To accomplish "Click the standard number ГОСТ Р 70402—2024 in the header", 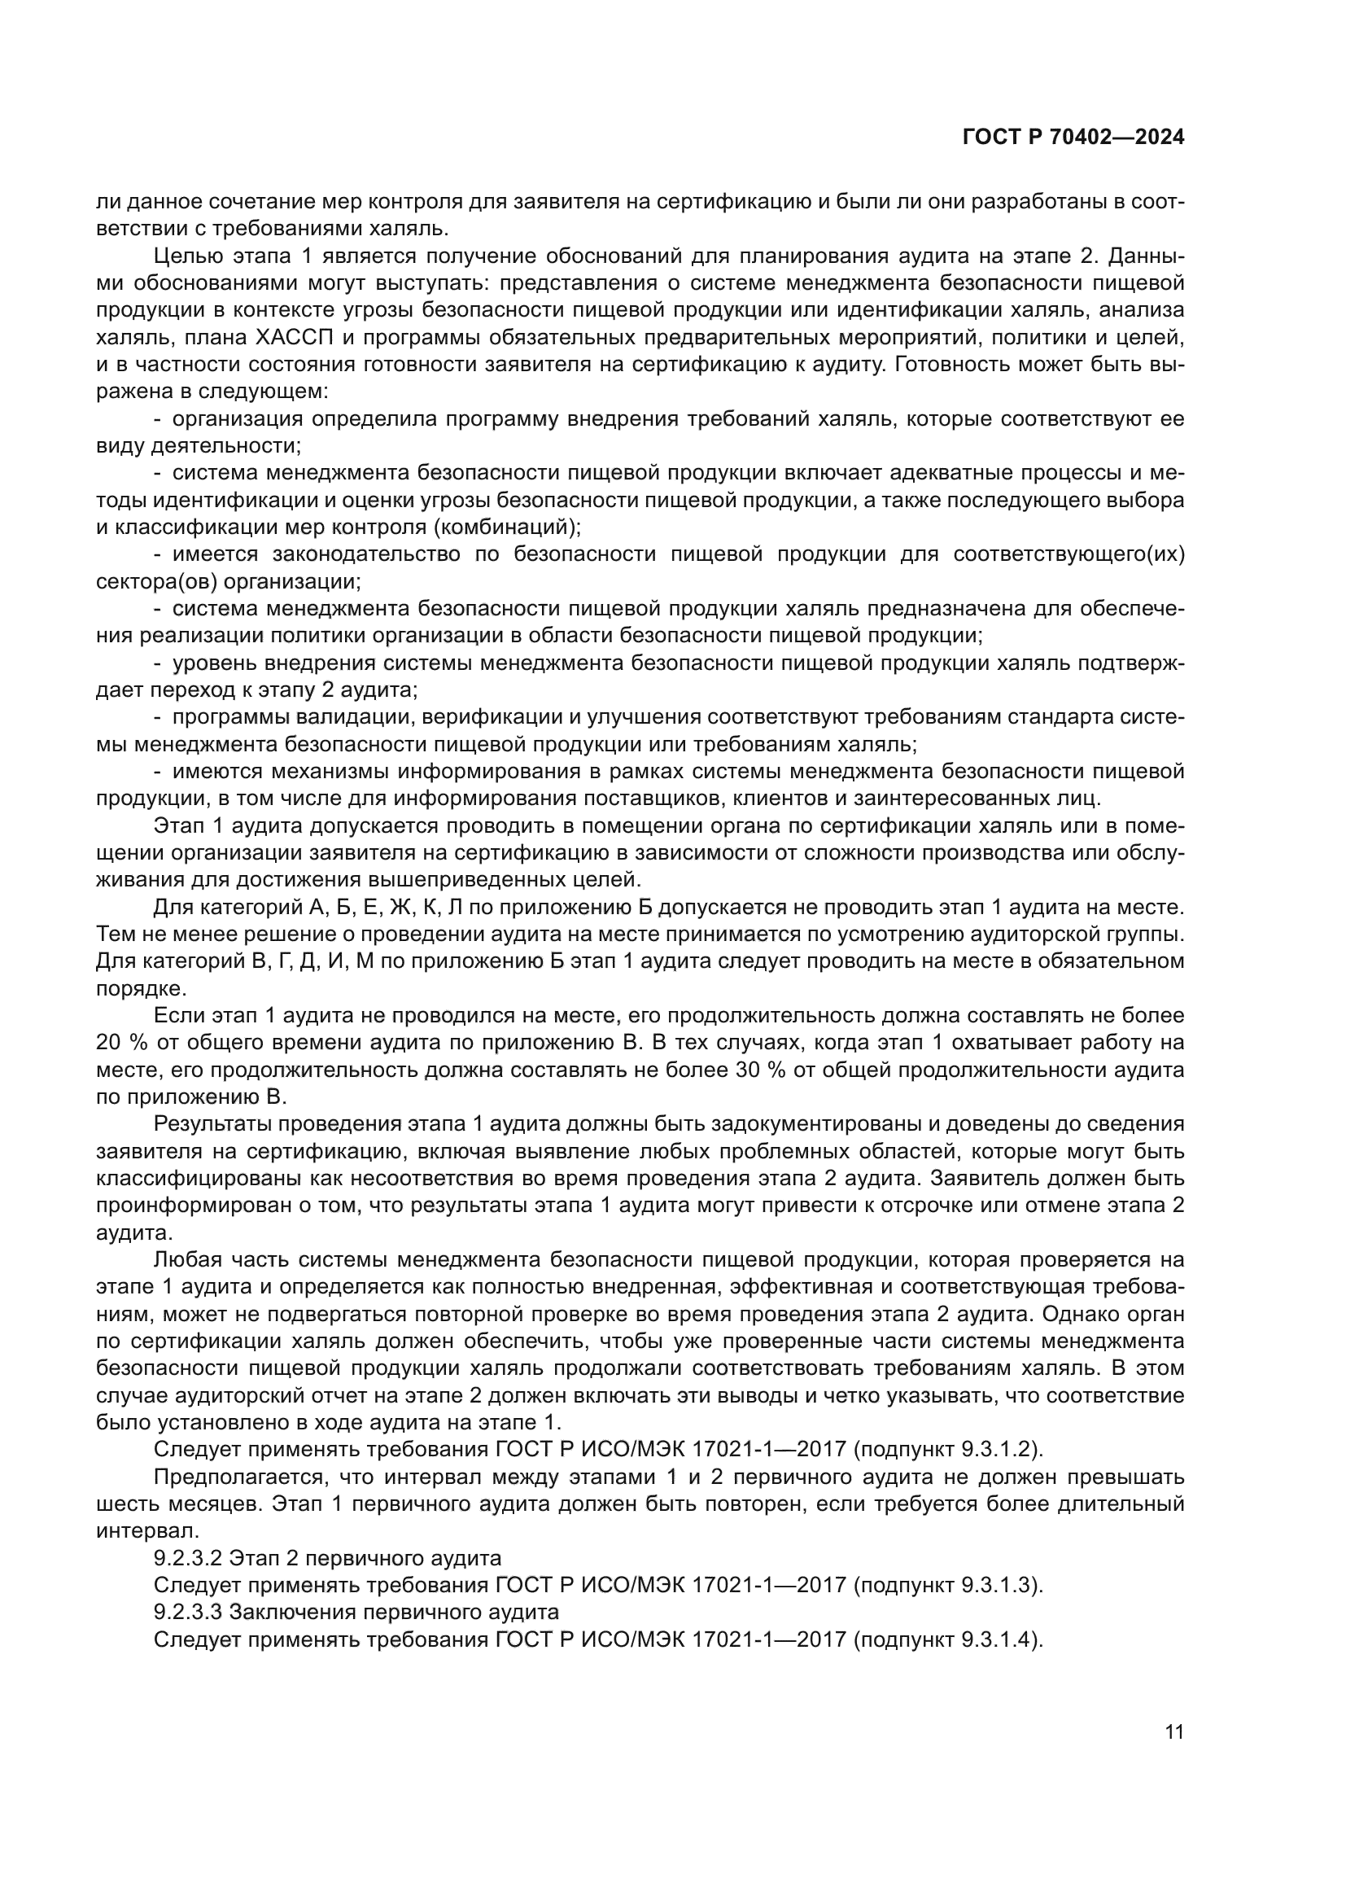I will click(x=1073, y=138).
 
